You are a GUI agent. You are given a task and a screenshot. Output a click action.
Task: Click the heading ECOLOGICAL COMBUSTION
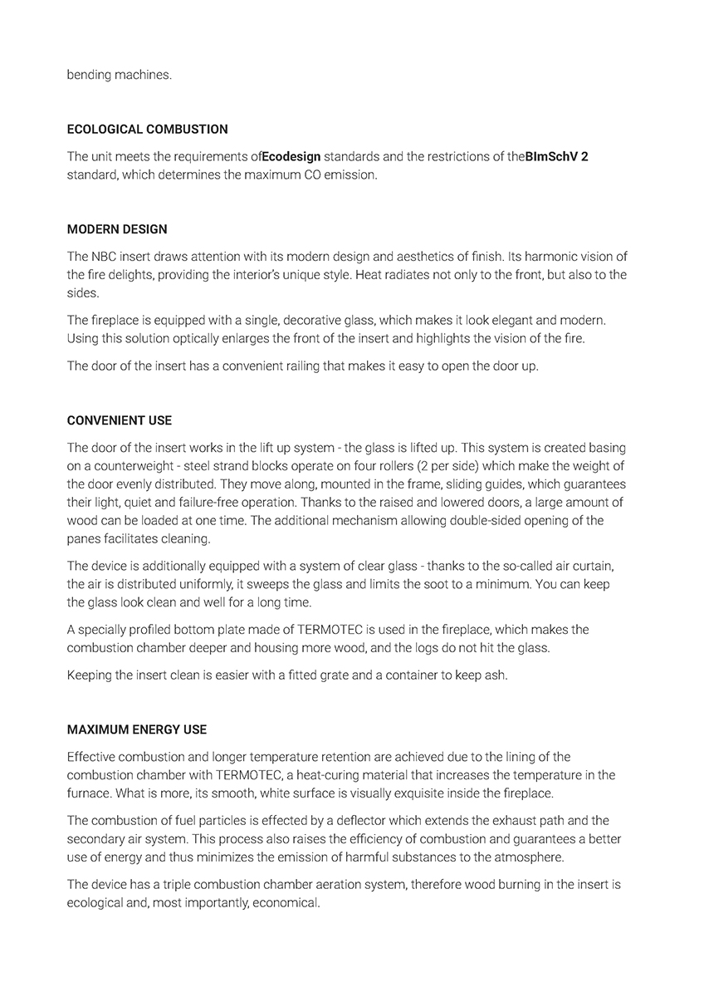tap(147, 130)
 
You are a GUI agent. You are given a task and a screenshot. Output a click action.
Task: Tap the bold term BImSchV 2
tap(557, 156)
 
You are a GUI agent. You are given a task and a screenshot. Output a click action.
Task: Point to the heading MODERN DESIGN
tap(117, 229)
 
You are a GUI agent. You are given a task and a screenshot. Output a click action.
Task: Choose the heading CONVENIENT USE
tap(120, 421)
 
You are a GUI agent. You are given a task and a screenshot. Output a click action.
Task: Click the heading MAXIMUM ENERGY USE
tap(137, 729)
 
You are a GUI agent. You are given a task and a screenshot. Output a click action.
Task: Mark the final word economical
tap(286, 902)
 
